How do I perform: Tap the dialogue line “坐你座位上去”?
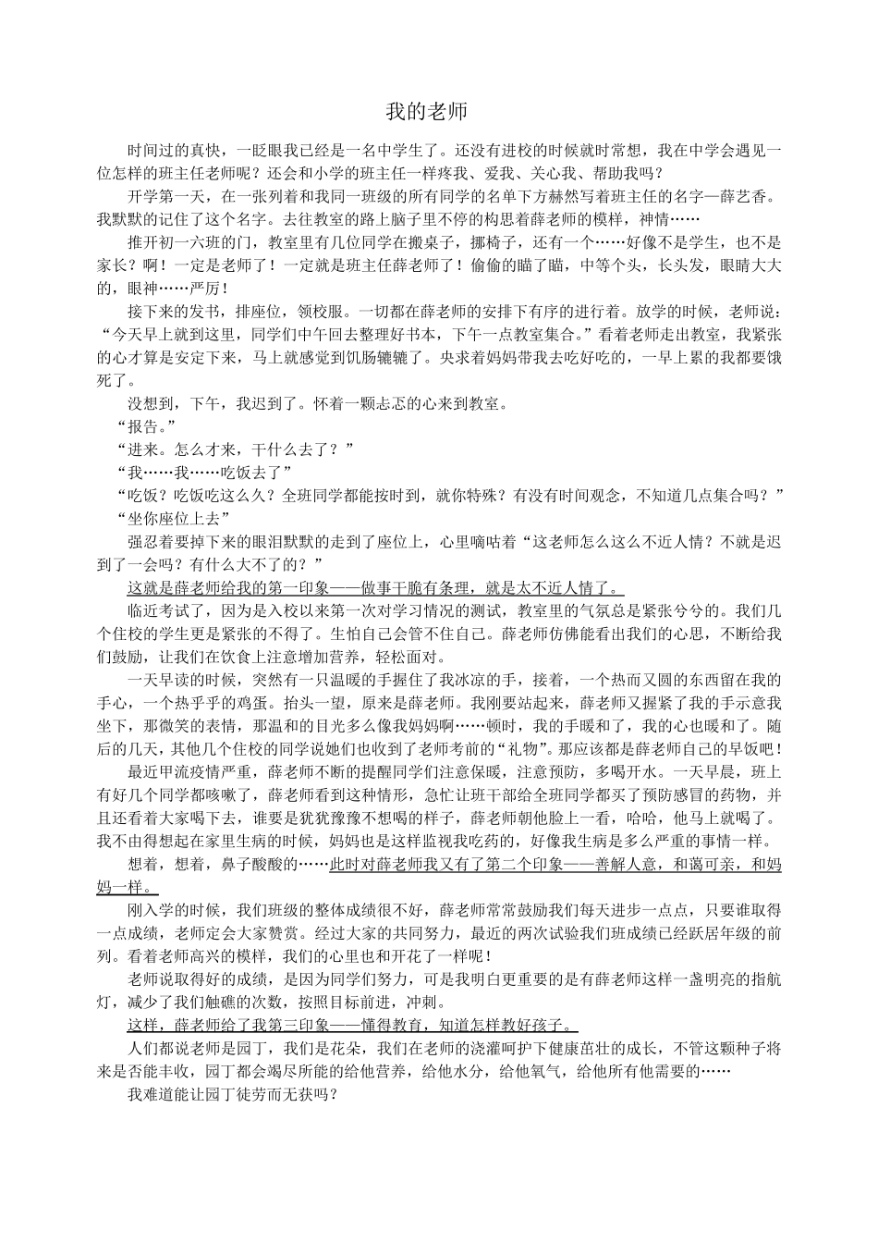point(174,518)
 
